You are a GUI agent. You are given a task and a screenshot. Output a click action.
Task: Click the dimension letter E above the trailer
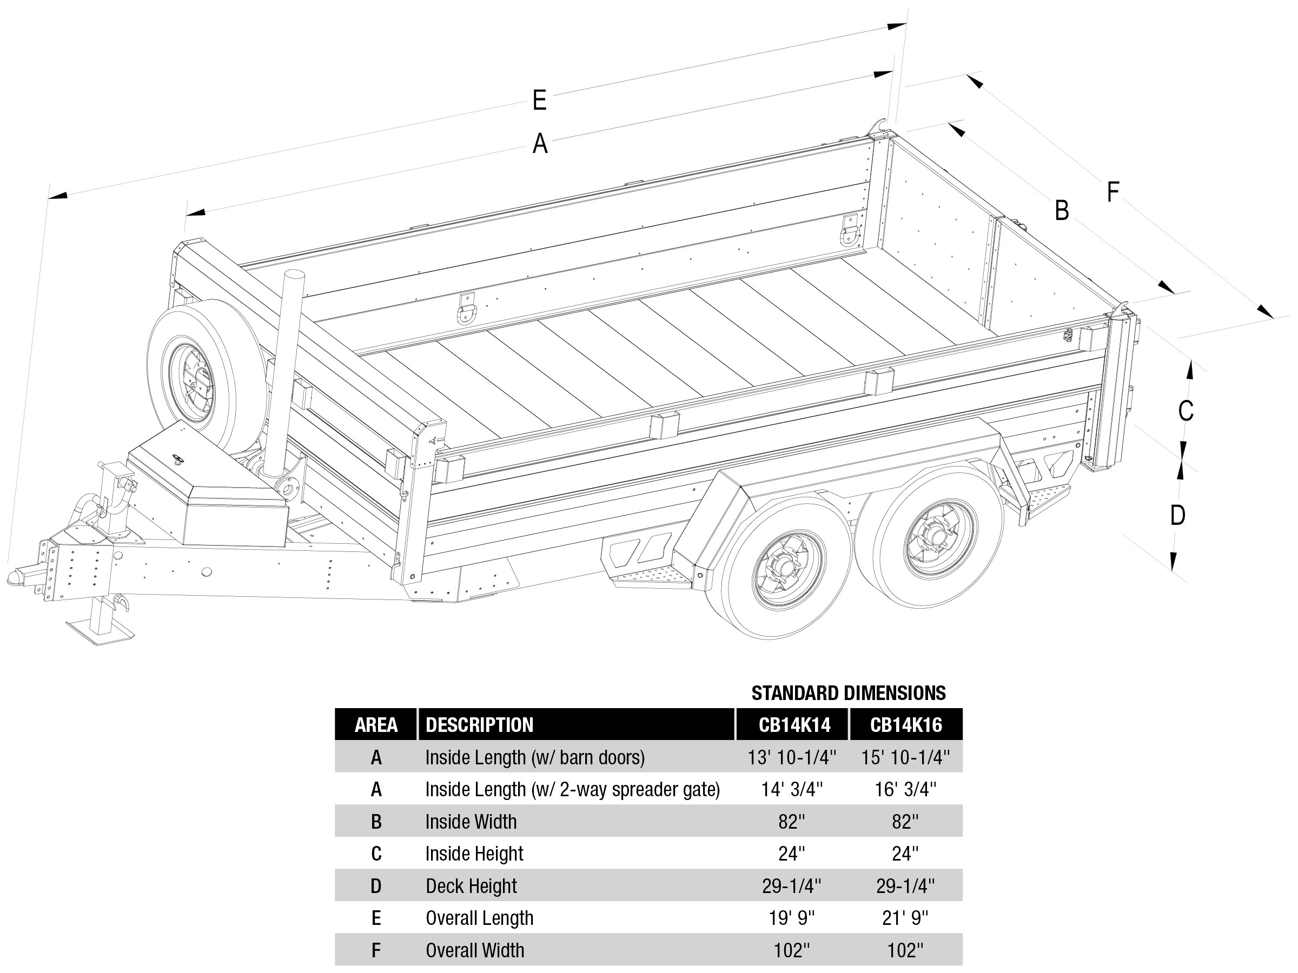tap(539, 101)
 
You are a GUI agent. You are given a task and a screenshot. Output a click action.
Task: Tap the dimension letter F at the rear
tap(1112, 192)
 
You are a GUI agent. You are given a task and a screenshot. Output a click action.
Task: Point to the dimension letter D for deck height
tap(1177, 516)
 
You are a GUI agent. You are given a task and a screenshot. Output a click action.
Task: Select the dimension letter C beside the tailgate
tap(1186, 410)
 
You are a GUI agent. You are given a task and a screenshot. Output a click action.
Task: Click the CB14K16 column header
tap(905, 725)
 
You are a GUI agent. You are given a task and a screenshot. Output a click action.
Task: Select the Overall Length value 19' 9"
tap(792, 918)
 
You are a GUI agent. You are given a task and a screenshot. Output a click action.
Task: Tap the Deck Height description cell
tap(471, 885)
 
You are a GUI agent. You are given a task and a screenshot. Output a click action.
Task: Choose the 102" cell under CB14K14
tap(792, 950)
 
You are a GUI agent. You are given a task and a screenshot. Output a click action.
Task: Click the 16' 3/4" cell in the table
tap(905, 789)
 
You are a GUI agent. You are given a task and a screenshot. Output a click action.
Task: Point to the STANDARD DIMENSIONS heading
tap(848, 693)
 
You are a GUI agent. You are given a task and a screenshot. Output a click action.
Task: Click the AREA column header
tap(376, 725)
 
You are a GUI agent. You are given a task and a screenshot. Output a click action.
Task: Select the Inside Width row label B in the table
tap(376, 822)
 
